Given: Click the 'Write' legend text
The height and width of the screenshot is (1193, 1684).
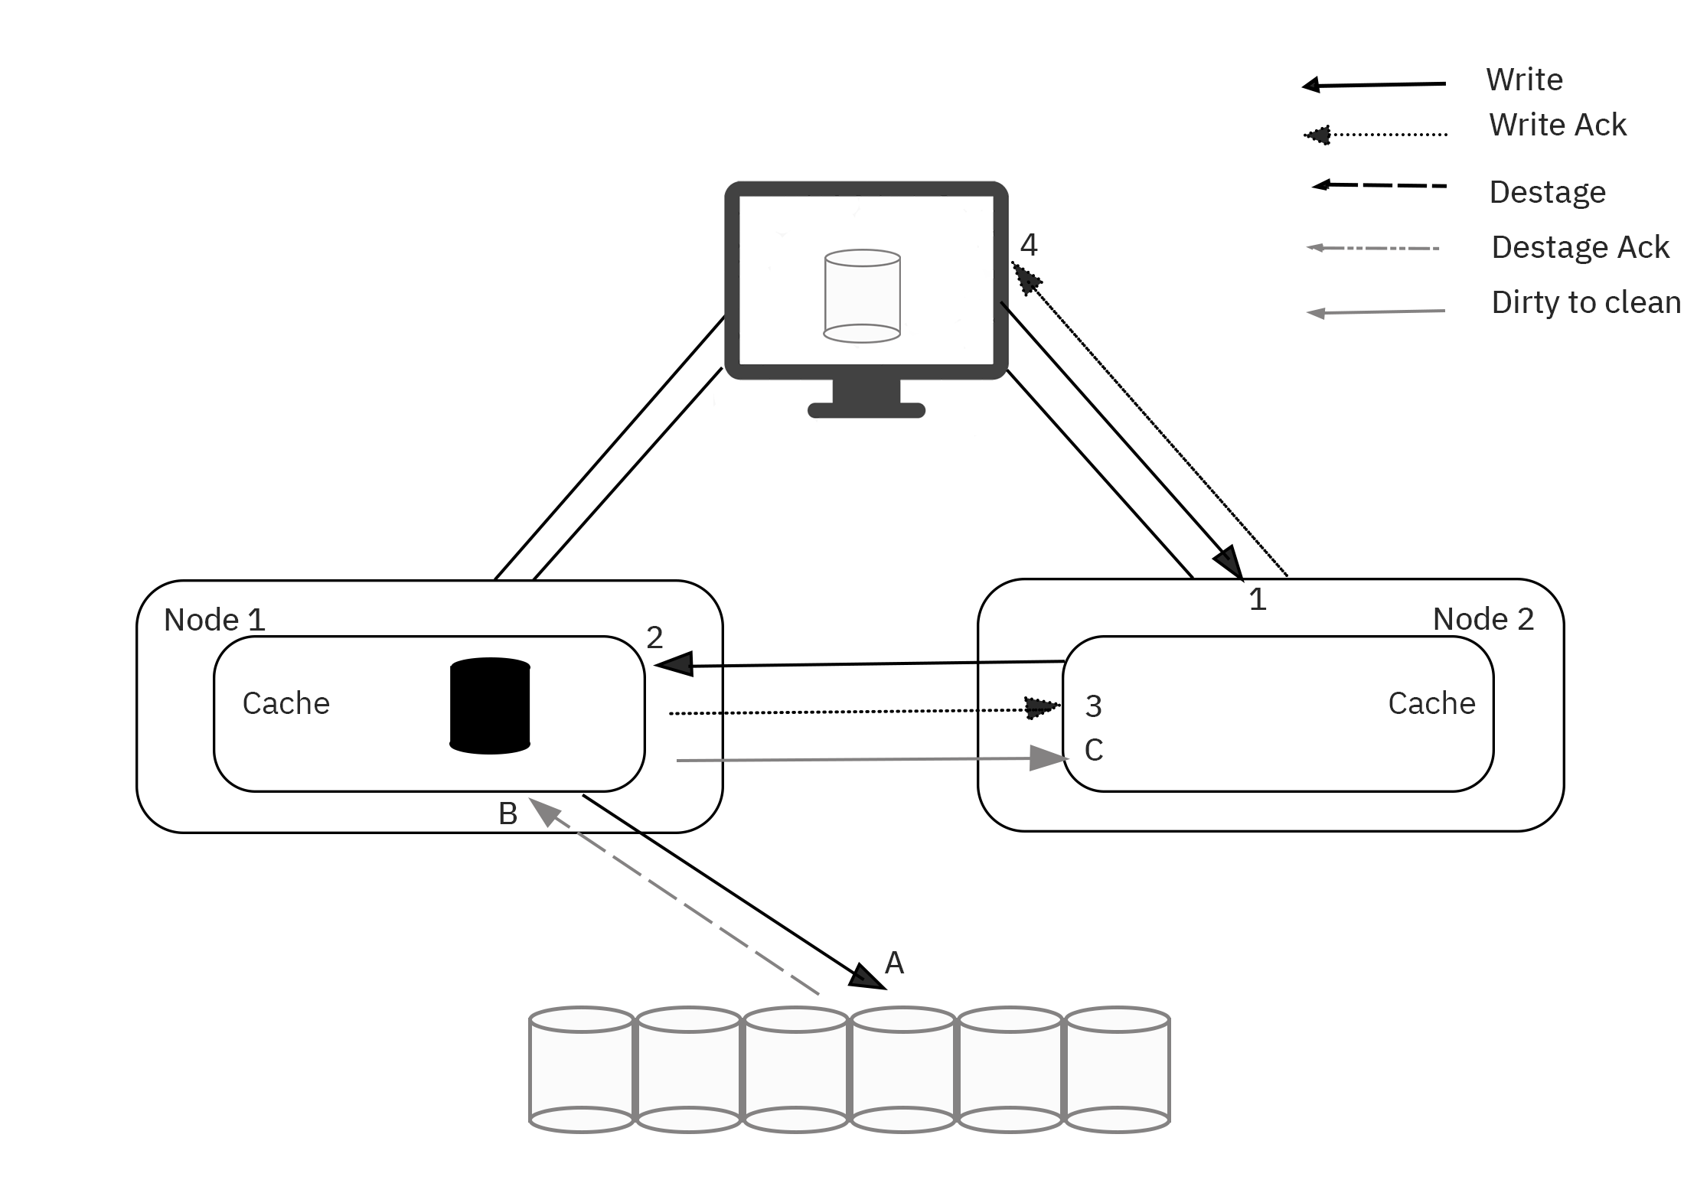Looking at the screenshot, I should pyautogui.click(x=1524, y=80).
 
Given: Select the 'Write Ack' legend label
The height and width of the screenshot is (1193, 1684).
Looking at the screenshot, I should pyautogui.click(x=1557, y=125).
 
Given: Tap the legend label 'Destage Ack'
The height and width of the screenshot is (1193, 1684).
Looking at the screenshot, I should pyautogui.click(x=1580, y=247).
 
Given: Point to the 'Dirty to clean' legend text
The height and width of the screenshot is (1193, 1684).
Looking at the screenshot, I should pyautogui.click(x=1585, y=302).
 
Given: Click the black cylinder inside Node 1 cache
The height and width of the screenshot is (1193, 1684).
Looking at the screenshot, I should pyautogui.click(x=490, y=706).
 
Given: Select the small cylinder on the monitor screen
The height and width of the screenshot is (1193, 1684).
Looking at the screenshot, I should pyautogui.click(x=862, y=296).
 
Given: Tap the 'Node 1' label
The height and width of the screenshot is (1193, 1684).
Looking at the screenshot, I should pyautogui.click(x=214, y=620).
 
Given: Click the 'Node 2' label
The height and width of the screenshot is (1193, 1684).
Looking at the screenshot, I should pyautogui.click(x=1483, y=619).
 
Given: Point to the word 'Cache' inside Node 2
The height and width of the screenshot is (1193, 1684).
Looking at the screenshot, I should pyautogui.click(x=1431, y=703).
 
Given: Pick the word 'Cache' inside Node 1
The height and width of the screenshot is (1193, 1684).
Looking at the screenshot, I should pyautogui.click(x=286, y=703).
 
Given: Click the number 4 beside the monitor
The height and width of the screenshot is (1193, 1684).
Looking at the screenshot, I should pyautogui.click(x=1029, y=245).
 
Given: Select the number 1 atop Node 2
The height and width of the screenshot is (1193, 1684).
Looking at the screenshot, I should pyautogui.click(x=1257, y=599).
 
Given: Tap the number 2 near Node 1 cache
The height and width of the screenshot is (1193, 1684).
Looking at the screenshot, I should pyautogui.click(x=654, y=637).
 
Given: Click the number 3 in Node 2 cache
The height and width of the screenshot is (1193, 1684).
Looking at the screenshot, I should pyautogui.click(x=1093, y=706).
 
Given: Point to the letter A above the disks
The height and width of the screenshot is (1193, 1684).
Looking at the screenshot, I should pyautogui.click(x=894, y=963).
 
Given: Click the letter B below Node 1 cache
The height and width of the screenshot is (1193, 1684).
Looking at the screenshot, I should pyautogui.click(x=507, y=813).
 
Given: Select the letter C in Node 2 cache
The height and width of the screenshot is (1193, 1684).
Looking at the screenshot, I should pyautogui.click(x=1094, y=750).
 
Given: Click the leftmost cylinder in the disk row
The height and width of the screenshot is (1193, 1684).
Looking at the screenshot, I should pyautogui.click(x=582, y=1070).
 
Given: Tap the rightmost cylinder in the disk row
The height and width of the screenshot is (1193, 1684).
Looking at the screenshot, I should pyautogui.click(x=1118, y=1070).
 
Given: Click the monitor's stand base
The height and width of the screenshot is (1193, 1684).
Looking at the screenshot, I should pyautogui.click(x=866, y=410).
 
